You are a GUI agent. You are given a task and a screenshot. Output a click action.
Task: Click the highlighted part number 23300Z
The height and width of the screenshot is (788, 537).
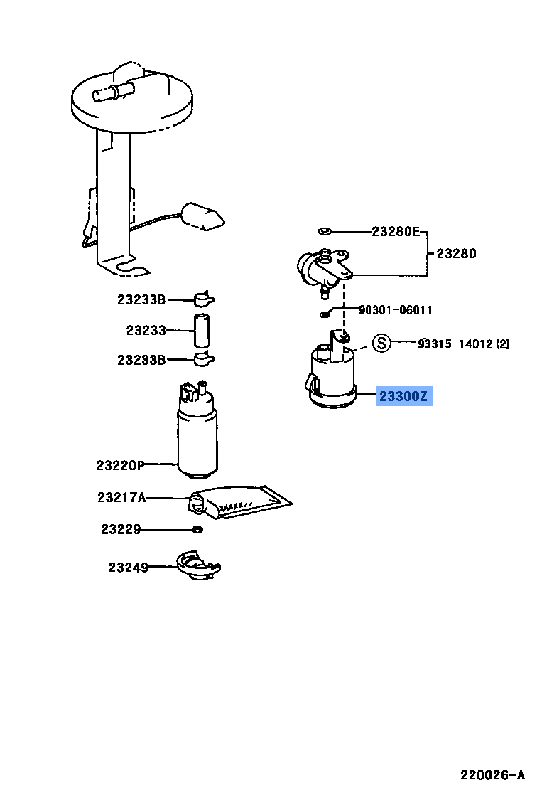point(403,396)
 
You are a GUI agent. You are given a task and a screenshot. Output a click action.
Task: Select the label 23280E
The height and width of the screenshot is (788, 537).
point(396,231)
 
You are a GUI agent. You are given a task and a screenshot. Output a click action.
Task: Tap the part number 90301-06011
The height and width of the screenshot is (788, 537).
point(395,310)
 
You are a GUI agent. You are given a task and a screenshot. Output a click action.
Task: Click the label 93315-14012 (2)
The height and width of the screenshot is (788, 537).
point(463,344)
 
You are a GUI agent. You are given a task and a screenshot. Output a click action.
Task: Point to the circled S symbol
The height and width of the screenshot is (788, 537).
point(382,344)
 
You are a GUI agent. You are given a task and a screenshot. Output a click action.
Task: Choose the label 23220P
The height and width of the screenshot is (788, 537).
point(120,466)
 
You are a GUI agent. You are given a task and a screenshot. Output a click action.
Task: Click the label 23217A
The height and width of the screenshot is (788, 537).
point(121,498)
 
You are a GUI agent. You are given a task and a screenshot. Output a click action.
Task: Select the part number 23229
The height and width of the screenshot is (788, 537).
point(120,529)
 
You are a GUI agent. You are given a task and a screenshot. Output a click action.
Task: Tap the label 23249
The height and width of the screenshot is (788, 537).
point(129,568)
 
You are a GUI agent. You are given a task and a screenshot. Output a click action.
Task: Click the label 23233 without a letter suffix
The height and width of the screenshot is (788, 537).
point(146,330)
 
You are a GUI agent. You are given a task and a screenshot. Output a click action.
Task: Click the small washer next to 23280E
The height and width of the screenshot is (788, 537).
point(325,231)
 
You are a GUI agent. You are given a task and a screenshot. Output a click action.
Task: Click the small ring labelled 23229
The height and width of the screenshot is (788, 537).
point(198,529)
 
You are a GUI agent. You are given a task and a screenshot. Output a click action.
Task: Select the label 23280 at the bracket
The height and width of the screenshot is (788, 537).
point(456,253)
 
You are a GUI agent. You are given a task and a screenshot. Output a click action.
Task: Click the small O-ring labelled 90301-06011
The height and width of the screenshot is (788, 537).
point(324,313)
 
